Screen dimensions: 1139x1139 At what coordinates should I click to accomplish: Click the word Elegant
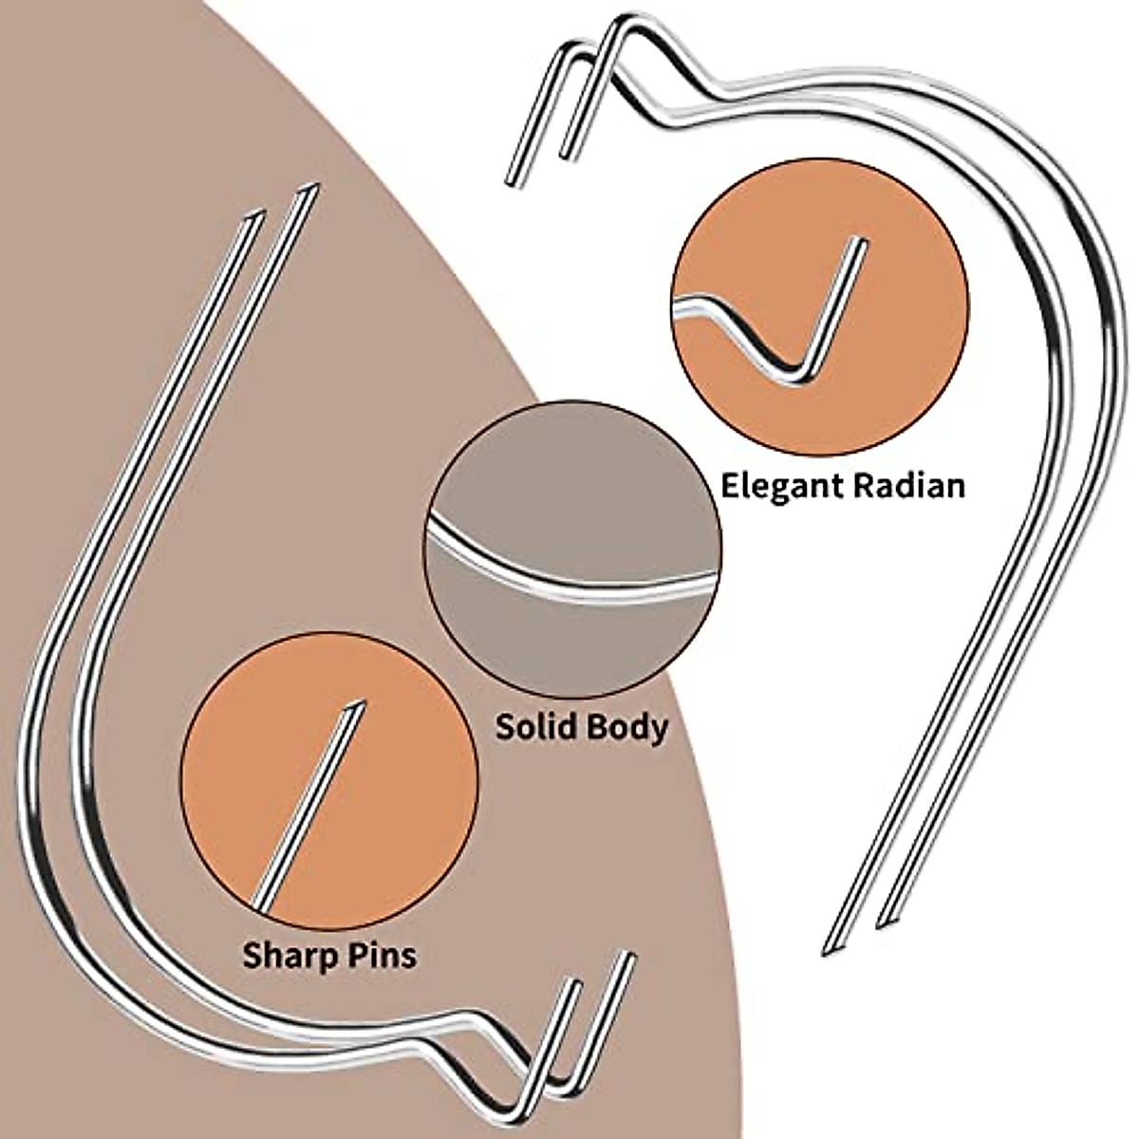pyautogui.click(x=782, y=486)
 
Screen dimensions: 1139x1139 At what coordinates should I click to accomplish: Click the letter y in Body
pyautogui.click(x=658, y=732)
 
